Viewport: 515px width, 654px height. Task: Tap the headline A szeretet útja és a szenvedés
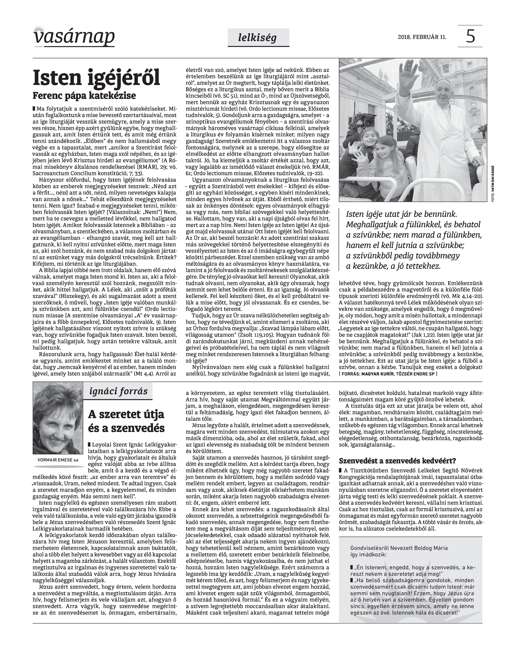[x=126, y=421]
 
